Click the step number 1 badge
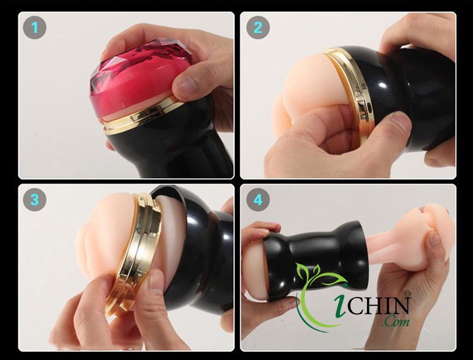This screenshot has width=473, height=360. pos(35,28)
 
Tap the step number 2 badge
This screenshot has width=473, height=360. pos(258,28)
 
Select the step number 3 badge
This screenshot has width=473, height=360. pos(35,199)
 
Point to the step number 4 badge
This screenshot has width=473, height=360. pos(258,199)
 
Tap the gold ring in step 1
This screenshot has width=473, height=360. pos(142,116)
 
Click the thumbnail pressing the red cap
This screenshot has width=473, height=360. pos(185,85)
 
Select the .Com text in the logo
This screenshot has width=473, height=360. pos(395,322)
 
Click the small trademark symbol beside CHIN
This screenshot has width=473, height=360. pos(407,293)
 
